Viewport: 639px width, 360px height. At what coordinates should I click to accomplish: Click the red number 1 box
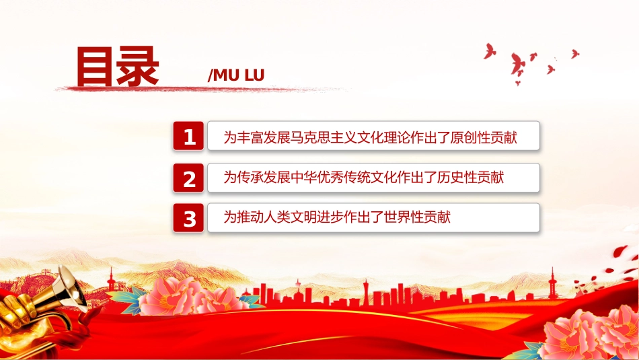click(x=188, y=136)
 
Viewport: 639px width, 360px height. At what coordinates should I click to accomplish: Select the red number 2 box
click(x=188, y=178)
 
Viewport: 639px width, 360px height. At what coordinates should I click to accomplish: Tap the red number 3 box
click(x=188, y=218)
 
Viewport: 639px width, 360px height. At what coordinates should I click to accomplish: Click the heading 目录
click(x=117, y=67)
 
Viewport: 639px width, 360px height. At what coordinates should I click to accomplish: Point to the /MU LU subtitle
click(x=236, y=75)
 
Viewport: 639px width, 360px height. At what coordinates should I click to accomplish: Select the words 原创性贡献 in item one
click(x=484, y=137)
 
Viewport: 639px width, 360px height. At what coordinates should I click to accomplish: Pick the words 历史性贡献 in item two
click(x=471, y=178)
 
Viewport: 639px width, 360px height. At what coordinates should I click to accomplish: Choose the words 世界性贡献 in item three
click(x=417, y=217)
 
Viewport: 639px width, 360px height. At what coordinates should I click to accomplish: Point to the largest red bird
click(x=517, y=65)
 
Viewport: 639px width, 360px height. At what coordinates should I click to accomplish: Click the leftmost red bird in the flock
click(x=490, y=51)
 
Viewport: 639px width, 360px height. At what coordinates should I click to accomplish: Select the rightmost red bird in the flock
click(x=575, y=54)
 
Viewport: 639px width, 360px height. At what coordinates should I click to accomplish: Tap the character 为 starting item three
click(x=230, y=217)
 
